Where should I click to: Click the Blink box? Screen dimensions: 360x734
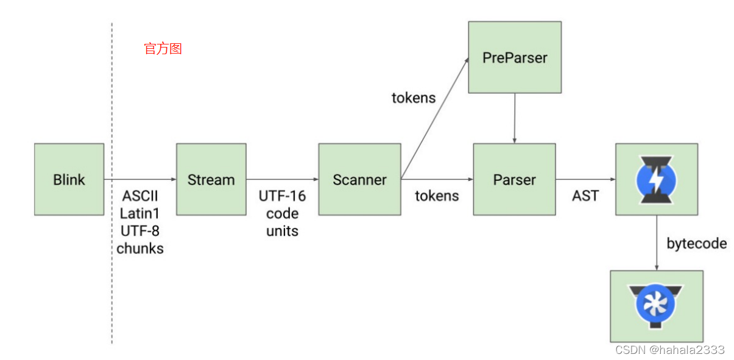(x=69, y=179)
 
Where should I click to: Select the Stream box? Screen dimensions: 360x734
(x=211, y=179)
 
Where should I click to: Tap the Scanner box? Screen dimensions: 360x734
(x=359, y=179)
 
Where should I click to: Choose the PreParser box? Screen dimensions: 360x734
(x=514, y=57)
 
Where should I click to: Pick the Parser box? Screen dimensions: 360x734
(x=514, y=179)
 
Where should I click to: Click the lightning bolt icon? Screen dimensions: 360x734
(x=656, y=179)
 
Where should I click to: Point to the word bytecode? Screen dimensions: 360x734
(x=696, y=244)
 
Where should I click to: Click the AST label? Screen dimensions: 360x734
(x=585, y=196)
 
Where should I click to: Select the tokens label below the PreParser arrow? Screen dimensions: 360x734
(x=414, y=97)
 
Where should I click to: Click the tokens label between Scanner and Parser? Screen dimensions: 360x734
(x=437, y=196)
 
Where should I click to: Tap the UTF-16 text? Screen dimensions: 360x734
(x=282, y=196)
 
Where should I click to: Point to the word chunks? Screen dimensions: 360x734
(x=140, y=249)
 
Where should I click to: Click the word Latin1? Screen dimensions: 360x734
(x=140, y=214)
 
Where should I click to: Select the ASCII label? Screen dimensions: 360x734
(x=140, y=196)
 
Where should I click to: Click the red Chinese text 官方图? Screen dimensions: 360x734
(x=163, y=49)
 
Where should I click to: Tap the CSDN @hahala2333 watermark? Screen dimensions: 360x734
(x=669, y=350)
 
